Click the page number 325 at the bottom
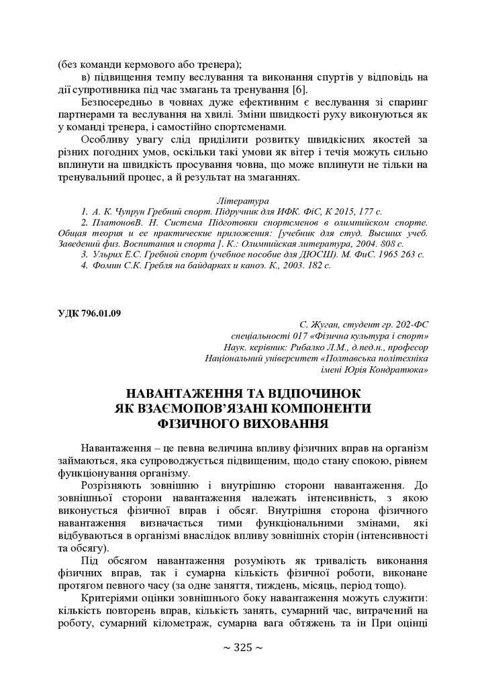(x=242, y=648)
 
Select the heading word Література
(x=243, y=201)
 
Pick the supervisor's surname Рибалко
(x=305, y=347)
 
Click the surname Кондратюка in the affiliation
(x=397, y=370)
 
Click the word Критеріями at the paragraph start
(x=109, y=597)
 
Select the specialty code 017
(x=301, y=336)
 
